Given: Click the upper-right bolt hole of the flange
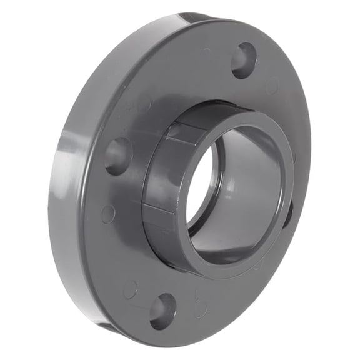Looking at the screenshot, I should tap(244, 61).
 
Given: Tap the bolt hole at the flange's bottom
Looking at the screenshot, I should tap(162, 311).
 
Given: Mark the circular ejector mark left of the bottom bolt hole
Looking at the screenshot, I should tap(130, 289).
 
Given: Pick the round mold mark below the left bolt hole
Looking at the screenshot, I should tap(108, 214).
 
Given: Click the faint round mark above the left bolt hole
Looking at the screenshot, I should tap(144, 104).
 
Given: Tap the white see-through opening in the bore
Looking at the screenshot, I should tap(199, 187).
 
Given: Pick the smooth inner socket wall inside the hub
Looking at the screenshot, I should tap(250, 187).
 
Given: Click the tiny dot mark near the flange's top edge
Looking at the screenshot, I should tap(206, 50).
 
